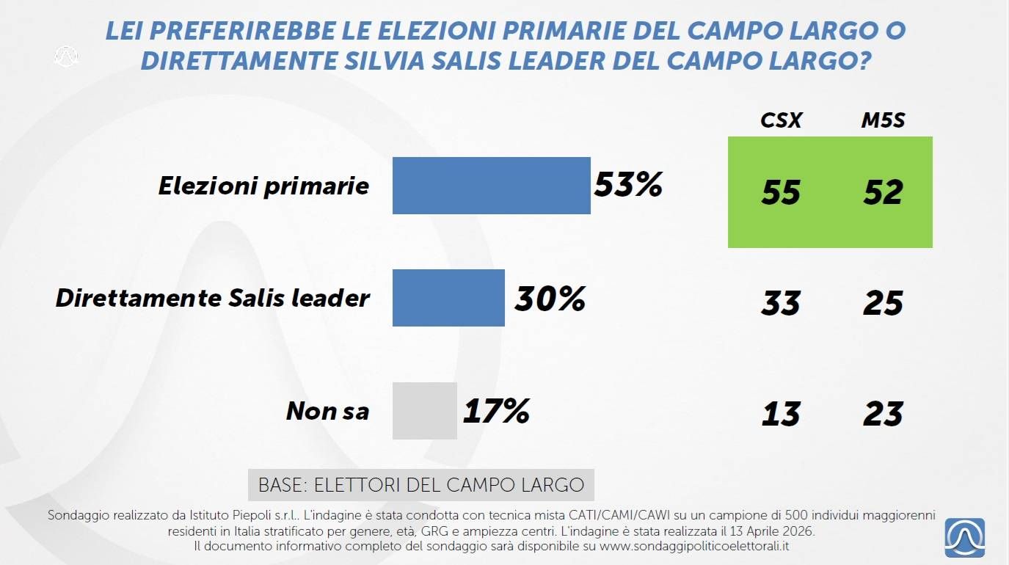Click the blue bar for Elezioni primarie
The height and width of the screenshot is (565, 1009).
pyautogui.click(x=491, y=186)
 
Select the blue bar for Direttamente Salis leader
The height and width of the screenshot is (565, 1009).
pyautogui.click(x=448, y=297)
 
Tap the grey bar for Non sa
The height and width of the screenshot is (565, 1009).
pyautogui.click(x=424, y=411)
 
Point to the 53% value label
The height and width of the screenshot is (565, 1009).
pyautogui.click(x=628, y=184)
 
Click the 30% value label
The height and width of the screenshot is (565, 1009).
pyautogui.click(x=550, y=298)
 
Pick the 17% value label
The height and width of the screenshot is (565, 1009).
pyautogui.click(x=496, y=412)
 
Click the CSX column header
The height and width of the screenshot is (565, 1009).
pyautogui.click(x=780, y=120)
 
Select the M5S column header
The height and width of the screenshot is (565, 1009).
pyautogui.click(x=883, y=120)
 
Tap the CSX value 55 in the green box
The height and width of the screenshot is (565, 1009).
pyautogui.click(x=780, y=192)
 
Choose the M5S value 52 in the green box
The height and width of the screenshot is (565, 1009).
pyautogui.click(x=883, y=192)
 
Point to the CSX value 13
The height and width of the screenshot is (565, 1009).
pyautogui.click(x=780, y=415)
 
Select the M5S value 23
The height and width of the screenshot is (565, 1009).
pyautogui.click(x=883, y=415)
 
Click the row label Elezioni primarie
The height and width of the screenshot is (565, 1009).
pyautogui.click(x=263, y=186)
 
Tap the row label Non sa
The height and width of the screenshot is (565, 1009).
pyautogui.click(x=327, y=411)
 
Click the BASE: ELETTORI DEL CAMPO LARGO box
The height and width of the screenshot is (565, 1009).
pyautogui.click(x=420, y=485)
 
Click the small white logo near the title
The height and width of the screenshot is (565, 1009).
pyautogui.click(x=66, y=56)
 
